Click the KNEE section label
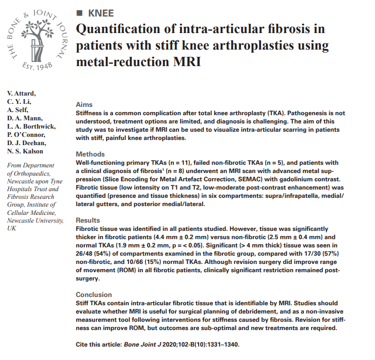pyautogui.click(x=101, y=13)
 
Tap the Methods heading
pyautogui.click(x=90, y=154)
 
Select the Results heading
pyautogui.click(x=88, y=220)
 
